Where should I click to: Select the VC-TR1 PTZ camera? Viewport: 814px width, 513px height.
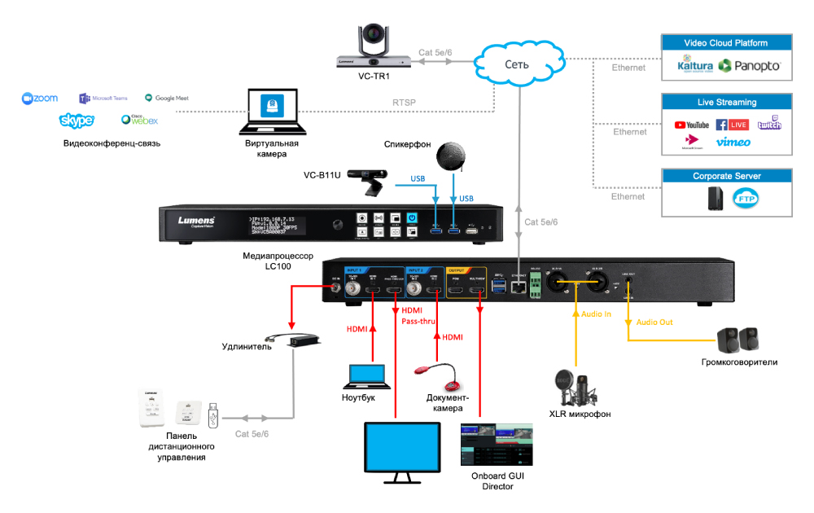coord(373,47)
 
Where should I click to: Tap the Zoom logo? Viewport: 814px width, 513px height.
coord(40,99)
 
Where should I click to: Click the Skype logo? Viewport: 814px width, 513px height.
coord(77,121)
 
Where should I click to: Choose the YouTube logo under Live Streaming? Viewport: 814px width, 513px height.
coord(692,125)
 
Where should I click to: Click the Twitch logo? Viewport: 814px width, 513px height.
coord(769,124)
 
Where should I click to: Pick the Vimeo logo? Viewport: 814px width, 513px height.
coord(733,142)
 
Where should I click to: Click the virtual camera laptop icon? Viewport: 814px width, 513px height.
coord(272,113)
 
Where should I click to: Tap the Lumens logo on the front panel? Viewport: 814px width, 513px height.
coord(196,221)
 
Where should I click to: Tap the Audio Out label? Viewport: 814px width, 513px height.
coord(654,322)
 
